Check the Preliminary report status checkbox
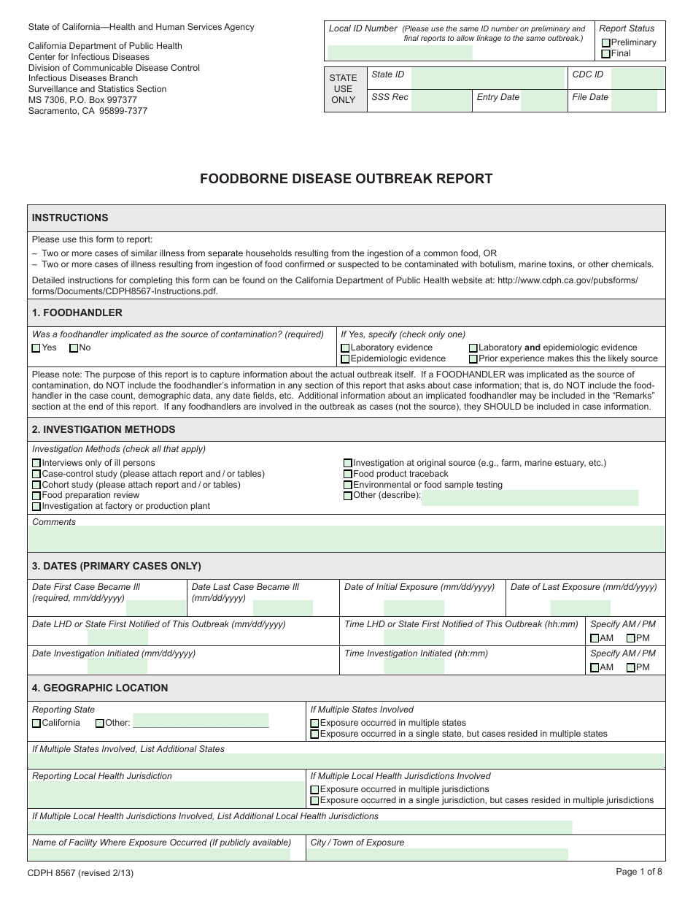click(x=606, y=43)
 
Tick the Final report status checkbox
click(x=606, y=54)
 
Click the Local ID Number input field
click(x=400, y=53)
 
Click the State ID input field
click(x=489, y=78)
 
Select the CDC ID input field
click(x=638, y=78)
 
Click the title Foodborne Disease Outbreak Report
click(x=346, y=179)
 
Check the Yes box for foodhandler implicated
click(x=36, y=348)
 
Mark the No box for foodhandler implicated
click(x=74, y=348)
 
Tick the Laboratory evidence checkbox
click(x=346, y=348)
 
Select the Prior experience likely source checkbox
click(x=473, y=359)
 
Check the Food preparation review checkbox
click(x=36, y=496)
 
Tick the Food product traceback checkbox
click(x=348, y=475)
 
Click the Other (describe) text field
click(x=530, y=498)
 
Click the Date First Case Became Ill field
click(x=156, y=607)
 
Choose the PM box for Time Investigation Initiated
click(x=631, y=667)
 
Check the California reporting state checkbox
click(x=36, y=724)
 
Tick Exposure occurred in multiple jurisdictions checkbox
click(x=314, y=790)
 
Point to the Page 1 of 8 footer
click(x=639, y=871)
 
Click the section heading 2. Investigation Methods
click(x=104, y=429)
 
